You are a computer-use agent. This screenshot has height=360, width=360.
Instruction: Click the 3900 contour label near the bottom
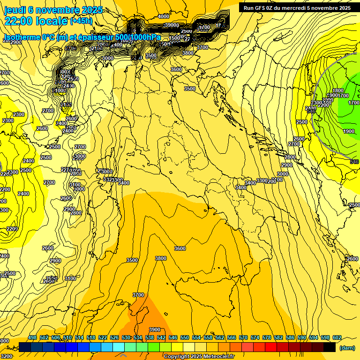pos(154,330)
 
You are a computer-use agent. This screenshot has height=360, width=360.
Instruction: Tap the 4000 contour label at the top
pos(164,16)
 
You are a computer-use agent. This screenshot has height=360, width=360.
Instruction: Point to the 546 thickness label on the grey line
pos(354,162)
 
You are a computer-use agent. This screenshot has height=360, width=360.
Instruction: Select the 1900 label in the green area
pos(348,132)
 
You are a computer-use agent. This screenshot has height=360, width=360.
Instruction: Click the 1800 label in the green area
pos(338,90)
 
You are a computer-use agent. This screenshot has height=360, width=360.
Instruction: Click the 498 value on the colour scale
pos(32,337)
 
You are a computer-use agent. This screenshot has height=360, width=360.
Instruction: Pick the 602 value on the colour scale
pos(337,337)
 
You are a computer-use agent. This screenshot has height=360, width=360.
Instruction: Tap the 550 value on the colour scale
pos(185,337)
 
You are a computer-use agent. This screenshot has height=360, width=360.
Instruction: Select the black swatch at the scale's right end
pos(329,347)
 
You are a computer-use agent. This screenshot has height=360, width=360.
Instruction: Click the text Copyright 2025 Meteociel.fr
pos(199,356)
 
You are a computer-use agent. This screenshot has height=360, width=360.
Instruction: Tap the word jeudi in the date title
pos(15,10)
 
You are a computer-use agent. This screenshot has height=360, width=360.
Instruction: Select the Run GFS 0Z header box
pos(297,7)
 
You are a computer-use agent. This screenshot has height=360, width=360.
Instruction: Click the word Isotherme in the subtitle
pos(22,37)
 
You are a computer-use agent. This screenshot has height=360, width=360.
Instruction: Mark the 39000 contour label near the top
pos(172,25)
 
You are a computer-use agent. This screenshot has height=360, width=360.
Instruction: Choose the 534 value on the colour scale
pos(138,337)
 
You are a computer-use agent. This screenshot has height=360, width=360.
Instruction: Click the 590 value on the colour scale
pos(301,337)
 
